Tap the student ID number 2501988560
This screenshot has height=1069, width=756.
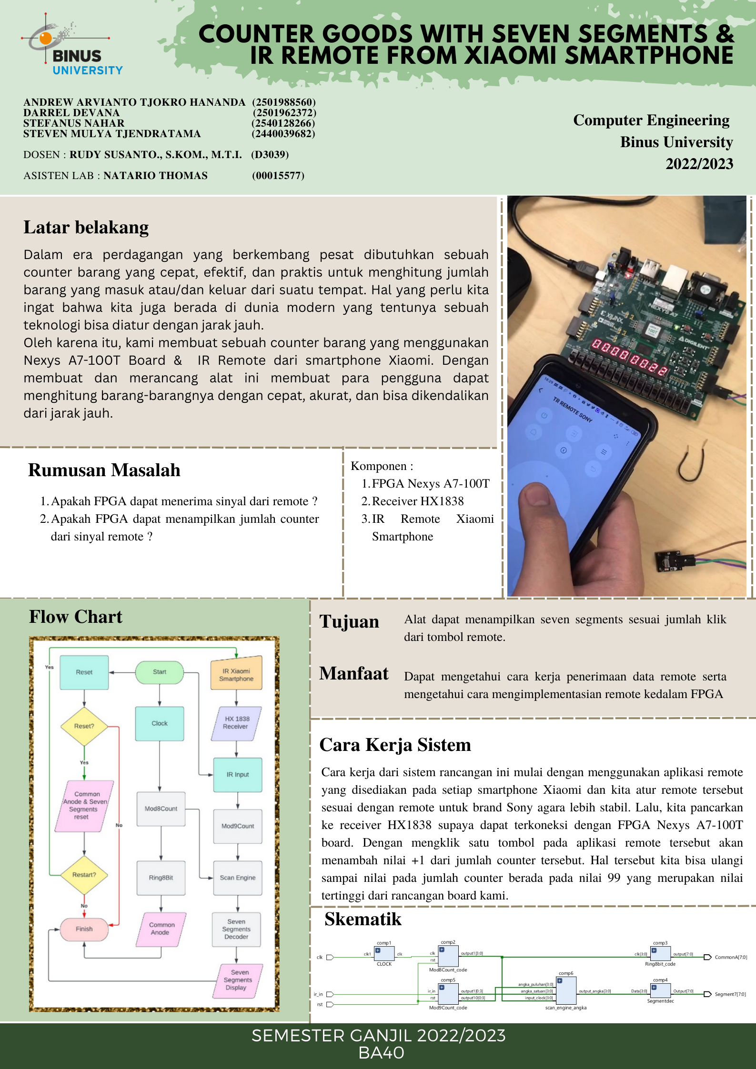tap(284, 102)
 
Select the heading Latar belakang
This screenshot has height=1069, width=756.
tap(86, 228)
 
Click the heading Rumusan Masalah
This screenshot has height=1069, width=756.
tap(104, 470)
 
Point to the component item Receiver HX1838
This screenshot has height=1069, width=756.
tap(417, 501)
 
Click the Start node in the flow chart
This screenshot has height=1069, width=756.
tap(160, 672)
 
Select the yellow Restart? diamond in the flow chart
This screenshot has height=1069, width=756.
tap(84, 875)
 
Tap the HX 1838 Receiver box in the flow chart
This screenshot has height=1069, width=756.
tap(236, 723)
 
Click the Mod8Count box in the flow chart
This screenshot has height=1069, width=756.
tap(161, 809)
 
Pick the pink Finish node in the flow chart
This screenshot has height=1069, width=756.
tap(84, 929)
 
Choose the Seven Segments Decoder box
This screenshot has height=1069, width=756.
tap(237, 929)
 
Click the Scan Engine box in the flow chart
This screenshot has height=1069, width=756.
tap(238, 878)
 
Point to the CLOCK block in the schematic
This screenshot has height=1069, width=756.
tap(384, 954)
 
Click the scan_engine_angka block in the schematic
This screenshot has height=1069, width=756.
tap(566, 990)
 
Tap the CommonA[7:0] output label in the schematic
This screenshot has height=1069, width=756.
tap(730, 957)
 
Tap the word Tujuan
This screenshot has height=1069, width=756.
tap(349, 622)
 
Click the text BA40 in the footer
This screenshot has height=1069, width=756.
tap(381, 1053)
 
